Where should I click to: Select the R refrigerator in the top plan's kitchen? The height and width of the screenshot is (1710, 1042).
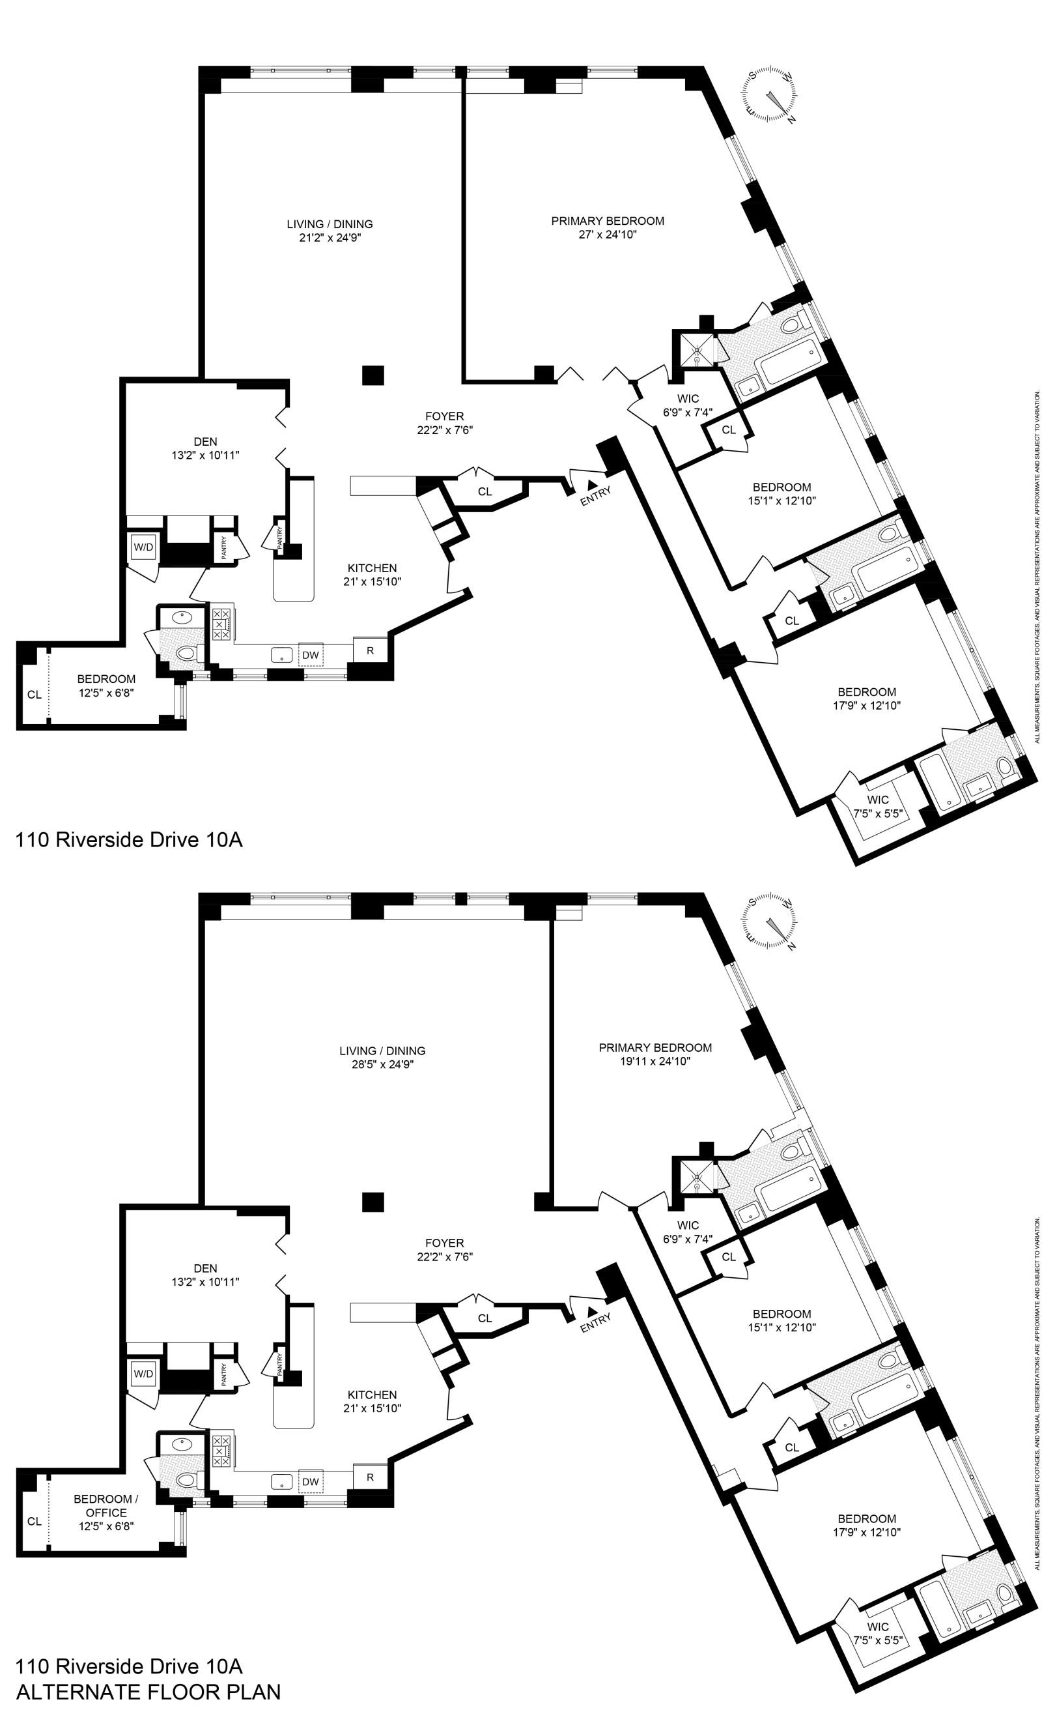click(370, 650)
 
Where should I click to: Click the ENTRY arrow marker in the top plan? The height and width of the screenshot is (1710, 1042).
click(592, 484)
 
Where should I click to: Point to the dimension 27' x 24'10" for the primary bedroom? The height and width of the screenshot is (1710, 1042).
click(607, 235)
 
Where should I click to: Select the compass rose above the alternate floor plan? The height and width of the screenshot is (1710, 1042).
click(769, 922)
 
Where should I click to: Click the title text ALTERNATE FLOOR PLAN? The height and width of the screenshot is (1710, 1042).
click(148, 1691)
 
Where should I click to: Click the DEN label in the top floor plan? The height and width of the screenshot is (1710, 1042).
click(205, 441)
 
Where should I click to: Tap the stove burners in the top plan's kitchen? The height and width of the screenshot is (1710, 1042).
click(221, 624)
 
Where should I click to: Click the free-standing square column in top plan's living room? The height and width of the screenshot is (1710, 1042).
click(373, 375)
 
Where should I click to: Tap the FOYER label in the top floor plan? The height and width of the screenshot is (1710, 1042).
click(444, 416)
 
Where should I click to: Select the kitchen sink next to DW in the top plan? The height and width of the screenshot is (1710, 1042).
click(281, 654)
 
